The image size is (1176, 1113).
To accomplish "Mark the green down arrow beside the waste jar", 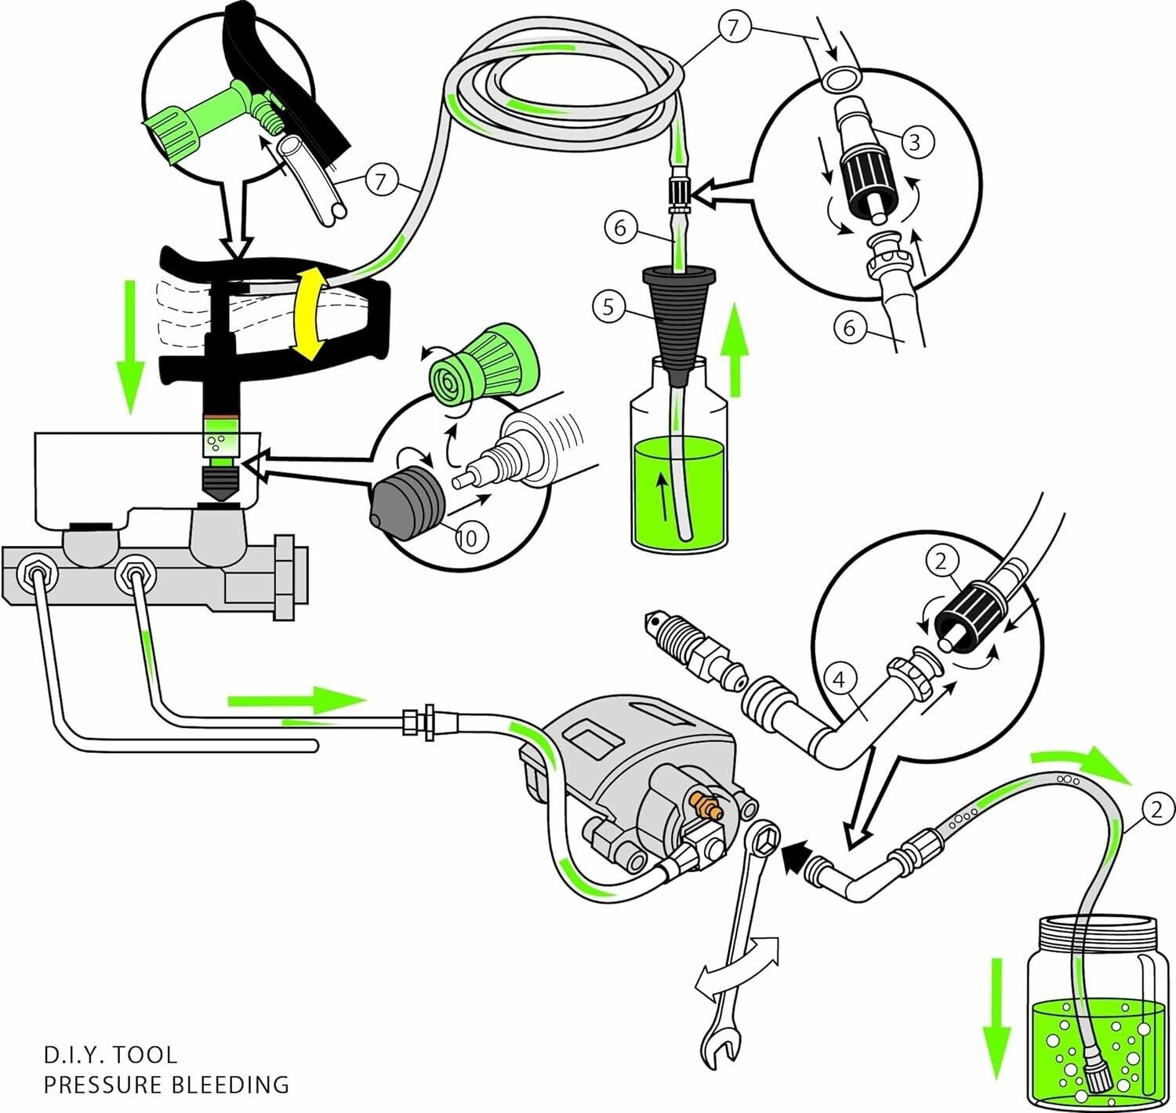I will click(996, 1016).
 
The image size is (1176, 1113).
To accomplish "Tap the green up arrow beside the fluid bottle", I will click(735, 351).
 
